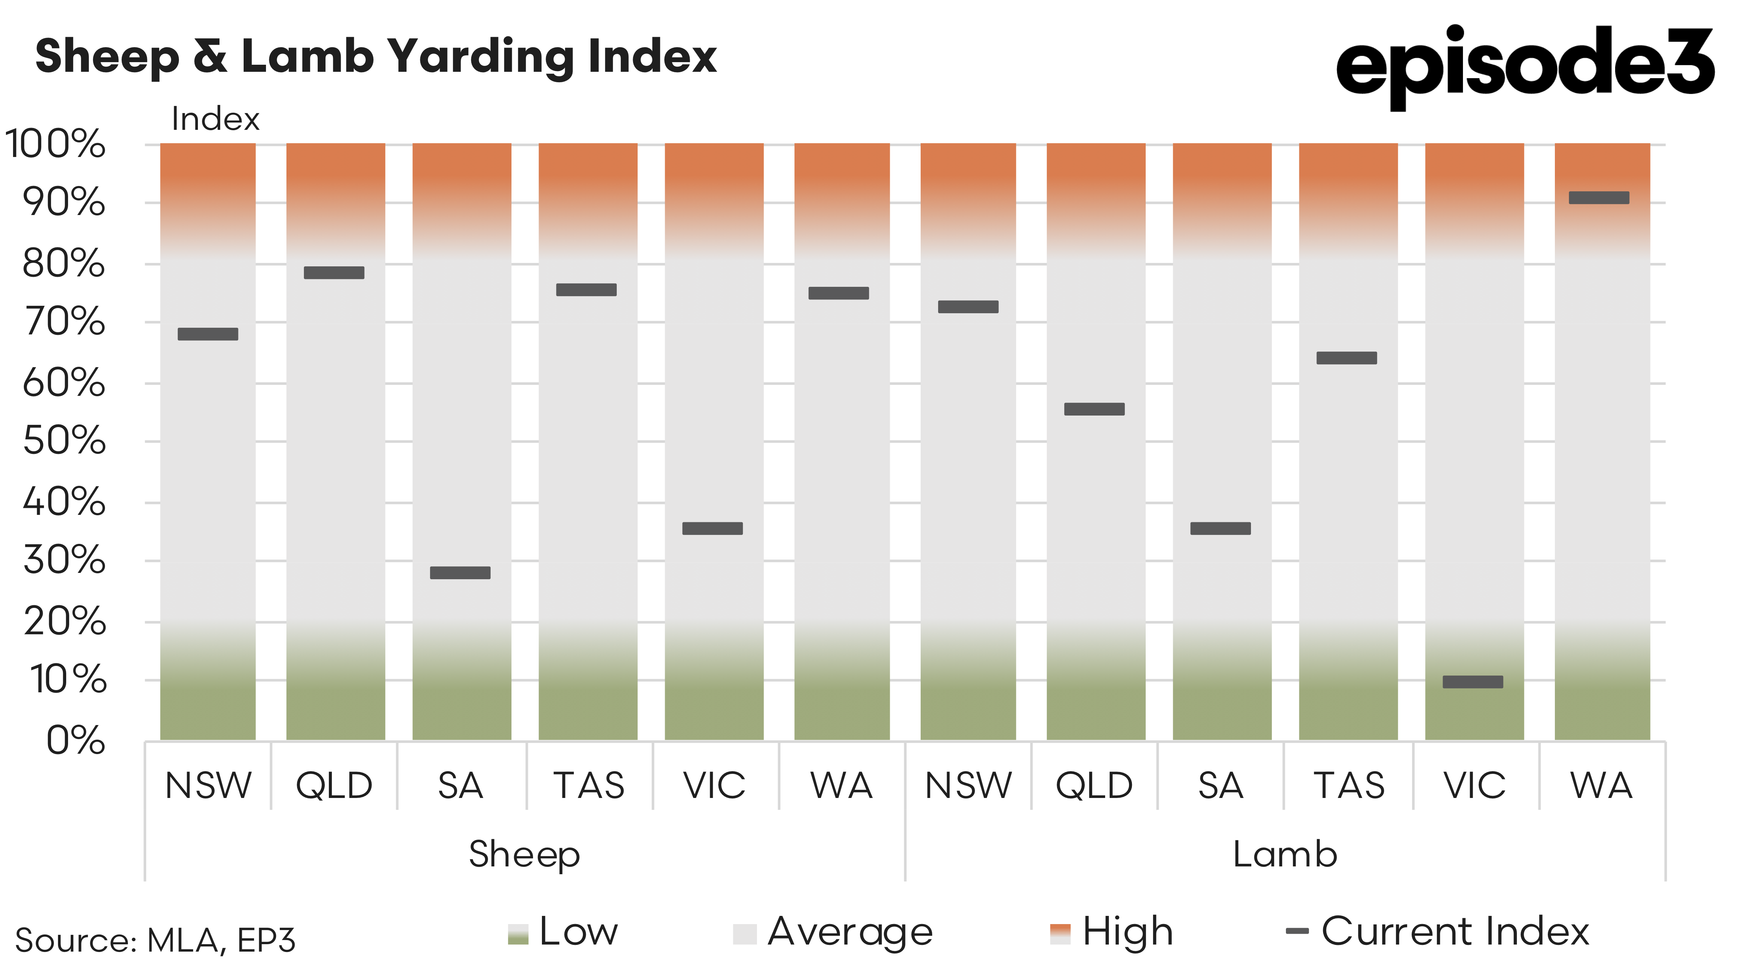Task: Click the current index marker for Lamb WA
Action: pyautogui.click(x=1599, y=198)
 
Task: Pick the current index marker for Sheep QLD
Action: pyautogui.click(x=334, y=273)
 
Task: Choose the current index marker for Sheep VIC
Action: pyautogui.click(x=712, y=529)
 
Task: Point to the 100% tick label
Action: pyautogui.click(x=55, y=144)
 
